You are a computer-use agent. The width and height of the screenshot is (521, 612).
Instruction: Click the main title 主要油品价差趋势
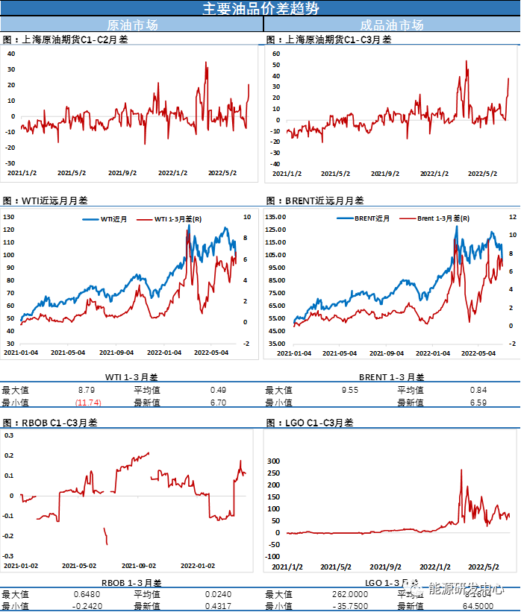[x=260, y=8]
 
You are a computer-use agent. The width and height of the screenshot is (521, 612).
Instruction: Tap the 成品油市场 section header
[x=392, y=25]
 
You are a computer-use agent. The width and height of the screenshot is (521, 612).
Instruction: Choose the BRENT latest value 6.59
[x=478, y=403]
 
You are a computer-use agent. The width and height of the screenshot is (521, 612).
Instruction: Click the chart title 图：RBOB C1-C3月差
[x=50, y=422]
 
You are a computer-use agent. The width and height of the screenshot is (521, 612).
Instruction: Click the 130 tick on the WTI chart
[x=10, y=216]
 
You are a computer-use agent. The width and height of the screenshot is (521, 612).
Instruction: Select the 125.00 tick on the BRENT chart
[x=277, y=216]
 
